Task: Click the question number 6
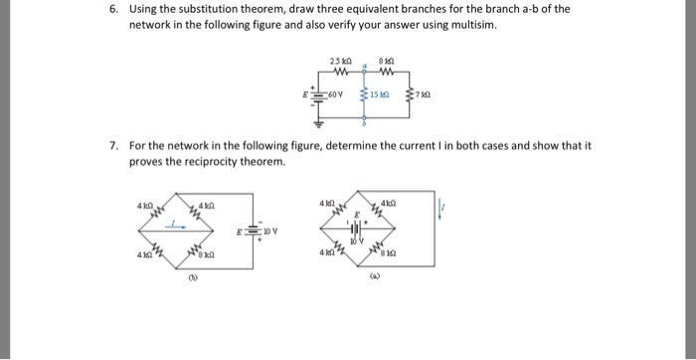click(114, 9)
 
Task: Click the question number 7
click(114, 145)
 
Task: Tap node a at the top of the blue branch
click(365, 66)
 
